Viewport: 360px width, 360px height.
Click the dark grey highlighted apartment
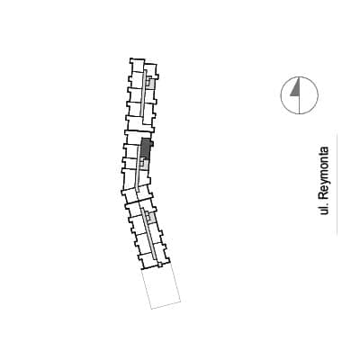[146, 148]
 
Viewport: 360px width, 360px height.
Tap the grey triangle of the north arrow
[295, 89]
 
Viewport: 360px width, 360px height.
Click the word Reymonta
[324, 173]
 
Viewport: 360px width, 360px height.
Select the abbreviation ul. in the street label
[324, 208]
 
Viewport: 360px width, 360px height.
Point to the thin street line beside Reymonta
[337, 184]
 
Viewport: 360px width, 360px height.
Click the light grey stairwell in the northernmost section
[151, 83]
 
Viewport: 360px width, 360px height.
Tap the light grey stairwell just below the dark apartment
[145, 164]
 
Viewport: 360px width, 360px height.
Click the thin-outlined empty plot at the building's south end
[161, 288]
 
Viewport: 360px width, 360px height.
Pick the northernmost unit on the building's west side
[137, 65]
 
